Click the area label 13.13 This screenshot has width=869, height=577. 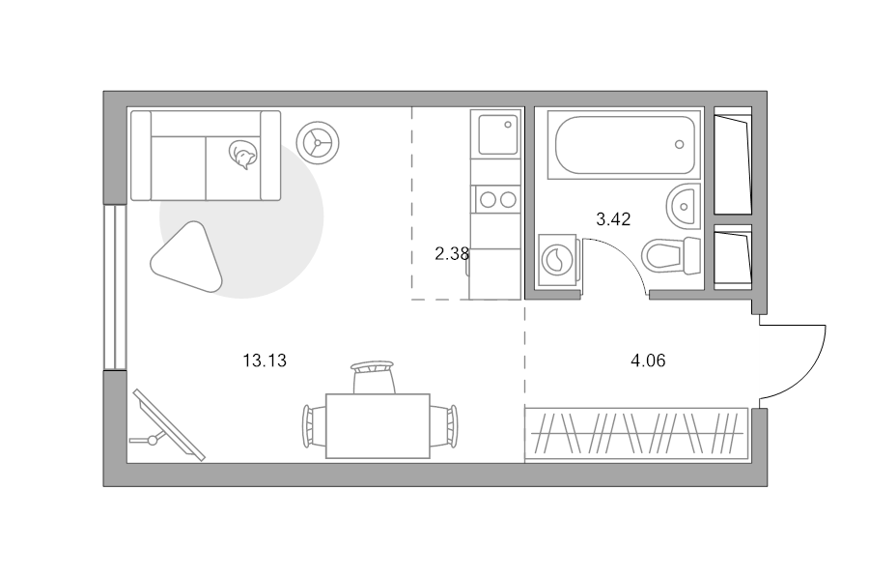pyautogui.click(x=265, y=361)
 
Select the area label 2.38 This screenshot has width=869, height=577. pyautogui.click(x=452, y=254)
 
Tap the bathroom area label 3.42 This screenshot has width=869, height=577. pyautogui.click(x=613, y=219)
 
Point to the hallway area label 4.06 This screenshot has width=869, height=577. pyautogui.click(x=648, y=361)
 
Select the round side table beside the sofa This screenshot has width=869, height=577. pyautogui.click(x=318, y=143)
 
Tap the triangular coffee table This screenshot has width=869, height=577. pyautogui.click(x=188, y=257)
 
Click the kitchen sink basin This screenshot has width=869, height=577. pyautogui.click(x=497, y=134)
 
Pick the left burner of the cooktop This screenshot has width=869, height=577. pyautogui.click(x=488, y=199)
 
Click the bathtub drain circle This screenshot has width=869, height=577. pyautogui.click(x=680, y=144)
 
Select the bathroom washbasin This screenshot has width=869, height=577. pyautogui.click(x=684, y=206)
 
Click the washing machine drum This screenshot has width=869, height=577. pyautogui.click(x=557, y=260)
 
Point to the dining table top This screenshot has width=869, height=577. pyautogui.click(x=378, y=426)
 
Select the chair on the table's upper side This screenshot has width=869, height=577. pyautogui.click(x=373, y=377)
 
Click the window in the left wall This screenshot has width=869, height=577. pyautogui.click(x=115, y=287)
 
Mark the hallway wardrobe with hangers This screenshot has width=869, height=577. pyautogui.click(x=636, y=434)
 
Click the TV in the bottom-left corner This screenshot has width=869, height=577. pyautogui.click(x=168, y=425)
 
